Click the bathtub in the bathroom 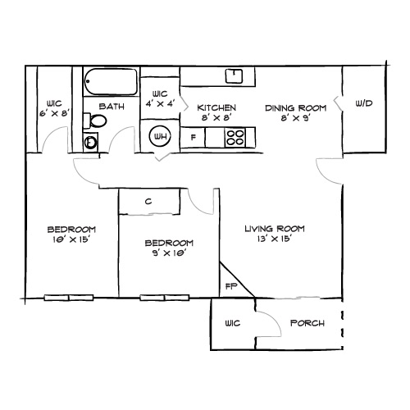click(x=110, y=81)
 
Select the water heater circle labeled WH click(x=158, y=137)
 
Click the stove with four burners click(x=235, y=137)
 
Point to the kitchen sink click(x=235, y=76)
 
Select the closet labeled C click(x=148, y=202)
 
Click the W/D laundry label click(x=364, y=104)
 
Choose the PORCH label click(x=307, y=323)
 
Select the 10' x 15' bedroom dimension click(x=71, y=240)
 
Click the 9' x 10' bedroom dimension click(x=168, y=254)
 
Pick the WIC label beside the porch click(x=234, y=323)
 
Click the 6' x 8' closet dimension click(x=54, y=113)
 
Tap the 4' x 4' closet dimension click(x=159, y=104)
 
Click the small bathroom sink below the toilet click(x=91, y=142)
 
